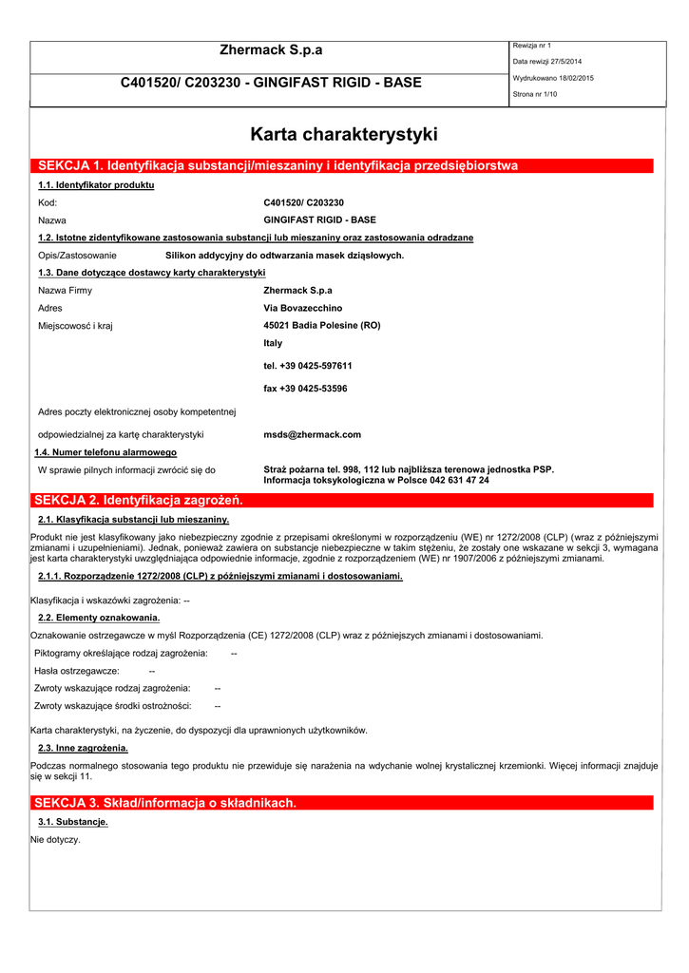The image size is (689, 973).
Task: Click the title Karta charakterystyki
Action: (343, 135)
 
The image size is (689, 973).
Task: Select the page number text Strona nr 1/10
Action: (535, 94)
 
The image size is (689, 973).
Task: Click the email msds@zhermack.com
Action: (312, 434)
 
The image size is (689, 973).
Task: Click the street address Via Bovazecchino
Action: (302, 308)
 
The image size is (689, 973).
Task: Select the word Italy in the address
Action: (273, 343)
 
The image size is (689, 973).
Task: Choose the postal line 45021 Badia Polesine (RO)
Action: (321, 325)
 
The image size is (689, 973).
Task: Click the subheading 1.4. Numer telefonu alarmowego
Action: (105, 452)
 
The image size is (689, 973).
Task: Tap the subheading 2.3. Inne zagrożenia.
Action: (83, 749)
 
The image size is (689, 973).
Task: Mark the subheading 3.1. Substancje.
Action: (72, 821)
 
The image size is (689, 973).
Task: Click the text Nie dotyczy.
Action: (55, 840)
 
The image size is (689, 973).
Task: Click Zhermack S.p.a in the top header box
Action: (271, 50)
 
